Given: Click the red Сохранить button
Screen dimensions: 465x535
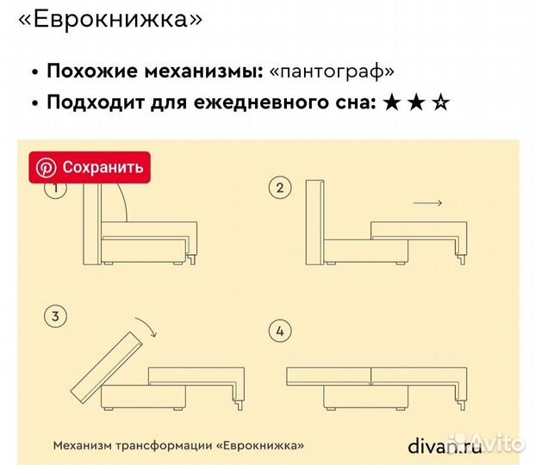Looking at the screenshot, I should [x=90, y=166].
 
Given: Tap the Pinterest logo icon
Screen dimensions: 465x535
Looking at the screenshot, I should [x=46, y=167].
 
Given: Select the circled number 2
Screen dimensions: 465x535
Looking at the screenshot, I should [x=279, y=188].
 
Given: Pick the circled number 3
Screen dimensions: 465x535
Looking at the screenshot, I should [x=55, y=318].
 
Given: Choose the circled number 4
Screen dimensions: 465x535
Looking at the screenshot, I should [x=279, y=331].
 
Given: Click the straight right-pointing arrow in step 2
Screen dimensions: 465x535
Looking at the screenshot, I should [x=427, y=203].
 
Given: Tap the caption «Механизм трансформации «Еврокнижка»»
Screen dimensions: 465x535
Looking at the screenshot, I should [x=178, y=446].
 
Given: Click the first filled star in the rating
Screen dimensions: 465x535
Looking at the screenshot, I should [x=391, y=103].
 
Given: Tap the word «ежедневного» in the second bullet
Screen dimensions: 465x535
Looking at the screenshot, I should [x=250, y=103].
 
